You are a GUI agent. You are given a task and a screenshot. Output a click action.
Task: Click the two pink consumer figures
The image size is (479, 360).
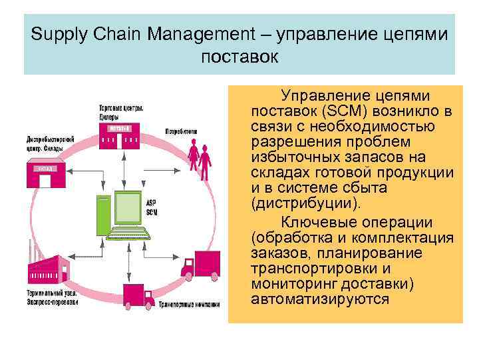[199, 157]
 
